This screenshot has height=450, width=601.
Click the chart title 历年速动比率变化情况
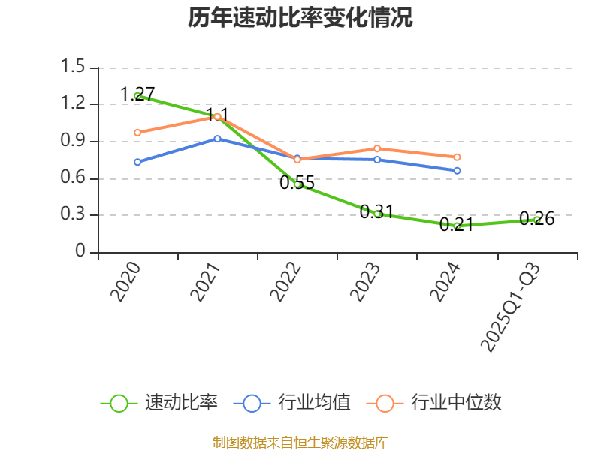pos(300,18)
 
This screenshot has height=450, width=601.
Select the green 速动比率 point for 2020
pos(137,95)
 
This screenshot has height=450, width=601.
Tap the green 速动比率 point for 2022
pos(297,184)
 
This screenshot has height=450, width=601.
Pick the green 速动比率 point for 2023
pos(377,214)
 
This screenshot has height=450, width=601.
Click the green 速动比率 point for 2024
pos(458,226)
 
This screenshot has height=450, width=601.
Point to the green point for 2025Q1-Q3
pos(536,220)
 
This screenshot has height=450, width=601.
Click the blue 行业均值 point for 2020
pos(137,162)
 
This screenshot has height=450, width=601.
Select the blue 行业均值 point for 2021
pos(217,139)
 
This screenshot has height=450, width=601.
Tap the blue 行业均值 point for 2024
pos(458,171)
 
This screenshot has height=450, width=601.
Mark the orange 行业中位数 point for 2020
pos(137,133)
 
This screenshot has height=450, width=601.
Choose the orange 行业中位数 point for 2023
pos(377,148)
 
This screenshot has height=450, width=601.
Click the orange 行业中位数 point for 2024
pos(458,157)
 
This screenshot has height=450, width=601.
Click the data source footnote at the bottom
pos(300,442)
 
